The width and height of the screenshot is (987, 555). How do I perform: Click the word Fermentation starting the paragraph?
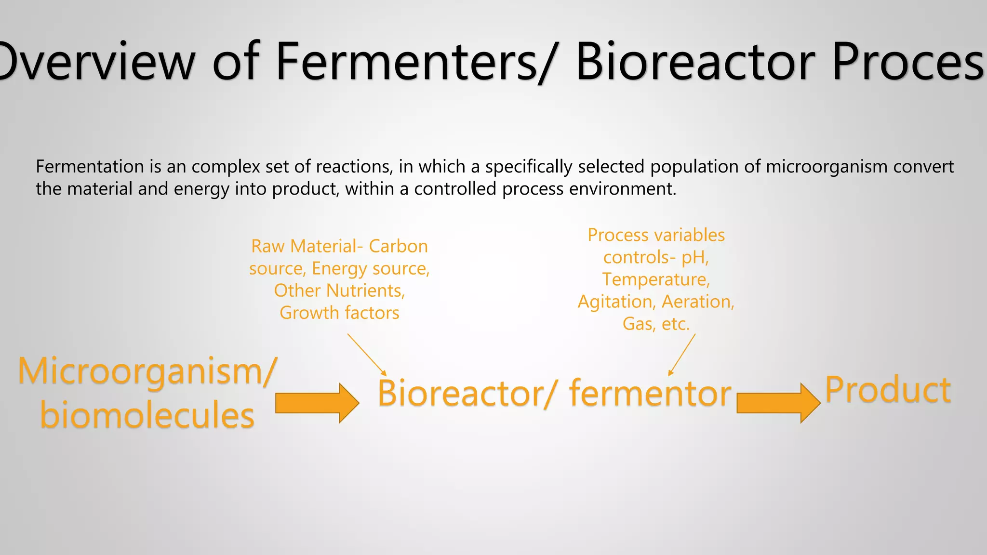coord(90,167)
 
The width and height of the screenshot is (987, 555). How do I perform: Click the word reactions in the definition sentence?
coord(354,167)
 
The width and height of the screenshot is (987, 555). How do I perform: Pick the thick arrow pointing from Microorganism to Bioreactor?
coord(317,403)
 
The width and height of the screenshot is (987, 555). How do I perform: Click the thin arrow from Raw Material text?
coord(367,354)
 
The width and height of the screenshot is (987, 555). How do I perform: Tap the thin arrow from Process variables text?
coord(682,355)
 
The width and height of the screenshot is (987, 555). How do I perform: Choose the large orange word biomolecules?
coord(147,415)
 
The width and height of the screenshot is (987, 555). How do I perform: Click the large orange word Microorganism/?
coord(147,371)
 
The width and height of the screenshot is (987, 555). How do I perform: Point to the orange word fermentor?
coord(650,393)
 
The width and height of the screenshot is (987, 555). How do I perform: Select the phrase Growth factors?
coord(339,313)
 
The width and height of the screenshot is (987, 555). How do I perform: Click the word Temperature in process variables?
coord(655,280)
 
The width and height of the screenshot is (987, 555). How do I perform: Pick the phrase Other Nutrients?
coord(339,291)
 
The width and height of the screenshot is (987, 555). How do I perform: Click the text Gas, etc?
coord(656,324)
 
